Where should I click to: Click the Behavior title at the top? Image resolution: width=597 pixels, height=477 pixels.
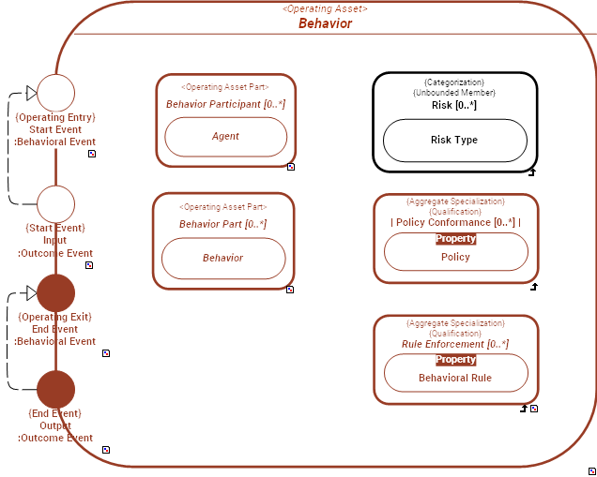(x=325, y=23)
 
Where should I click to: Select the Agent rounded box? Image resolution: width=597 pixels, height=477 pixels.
(x=225, y=136)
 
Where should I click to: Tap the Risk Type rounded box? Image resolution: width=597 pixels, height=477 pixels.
(x=454, y=140)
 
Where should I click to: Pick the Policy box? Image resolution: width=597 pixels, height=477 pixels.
(x=455, y=257)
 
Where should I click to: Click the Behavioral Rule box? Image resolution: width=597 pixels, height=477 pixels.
(x=455, y=378)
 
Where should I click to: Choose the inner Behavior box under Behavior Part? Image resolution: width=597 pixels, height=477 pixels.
(x=223, y=258)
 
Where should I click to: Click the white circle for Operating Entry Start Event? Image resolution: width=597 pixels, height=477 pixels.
(x=55, y=93)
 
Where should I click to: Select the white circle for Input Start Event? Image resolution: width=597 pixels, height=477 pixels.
(x=55, y=203)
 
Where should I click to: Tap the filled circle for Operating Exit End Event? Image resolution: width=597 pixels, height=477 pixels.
(x=55, y=293)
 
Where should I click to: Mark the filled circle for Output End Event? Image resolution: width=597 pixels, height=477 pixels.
(x=55, y=389)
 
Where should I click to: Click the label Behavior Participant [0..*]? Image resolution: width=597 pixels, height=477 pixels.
(x=225, y=104)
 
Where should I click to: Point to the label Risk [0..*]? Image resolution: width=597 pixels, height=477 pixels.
(x=454, y=105)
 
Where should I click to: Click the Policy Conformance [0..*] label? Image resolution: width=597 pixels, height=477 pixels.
(x=455, y=222)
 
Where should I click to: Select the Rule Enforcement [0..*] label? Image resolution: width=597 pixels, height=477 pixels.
(x=455, y=344)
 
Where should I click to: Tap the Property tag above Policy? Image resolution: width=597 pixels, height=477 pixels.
(x=455, y=239)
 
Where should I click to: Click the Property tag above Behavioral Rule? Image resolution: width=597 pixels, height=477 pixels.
(x=455, y=360)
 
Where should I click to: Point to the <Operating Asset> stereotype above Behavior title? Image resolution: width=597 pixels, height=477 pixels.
(x=325, y=8)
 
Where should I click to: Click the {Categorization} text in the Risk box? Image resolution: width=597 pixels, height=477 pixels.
(x=454, y=82)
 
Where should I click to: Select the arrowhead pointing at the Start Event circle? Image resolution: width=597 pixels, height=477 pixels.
(x=31, y=93)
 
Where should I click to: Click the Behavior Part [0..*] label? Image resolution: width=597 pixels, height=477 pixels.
(x=223, y=224)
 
